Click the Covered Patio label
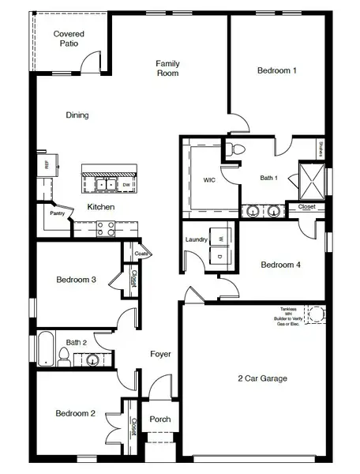[69, 39]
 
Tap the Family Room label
[167, 68]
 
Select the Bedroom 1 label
[276, 70]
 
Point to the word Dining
[77, 115]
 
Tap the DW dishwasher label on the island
[126, 185]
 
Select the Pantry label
[57, 213]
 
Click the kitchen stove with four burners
[106, 228]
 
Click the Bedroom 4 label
[281, 265]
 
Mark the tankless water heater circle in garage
[316, 314]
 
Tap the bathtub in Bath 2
[46, 348]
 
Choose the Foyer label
[160, 354]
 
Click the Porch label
[160, 419]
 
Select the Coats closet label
[141, 254]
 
